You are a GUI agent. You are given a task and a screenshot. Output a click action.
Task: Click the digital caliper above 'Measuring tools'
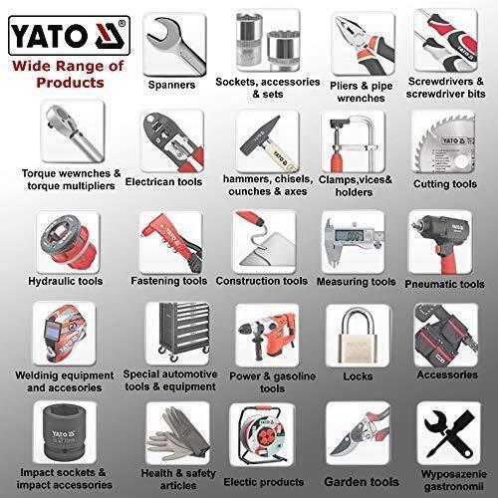click(x=353, y=236)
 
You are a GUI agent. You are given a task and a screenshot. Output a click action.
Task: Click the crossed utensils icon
click(x=444, y=430)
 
